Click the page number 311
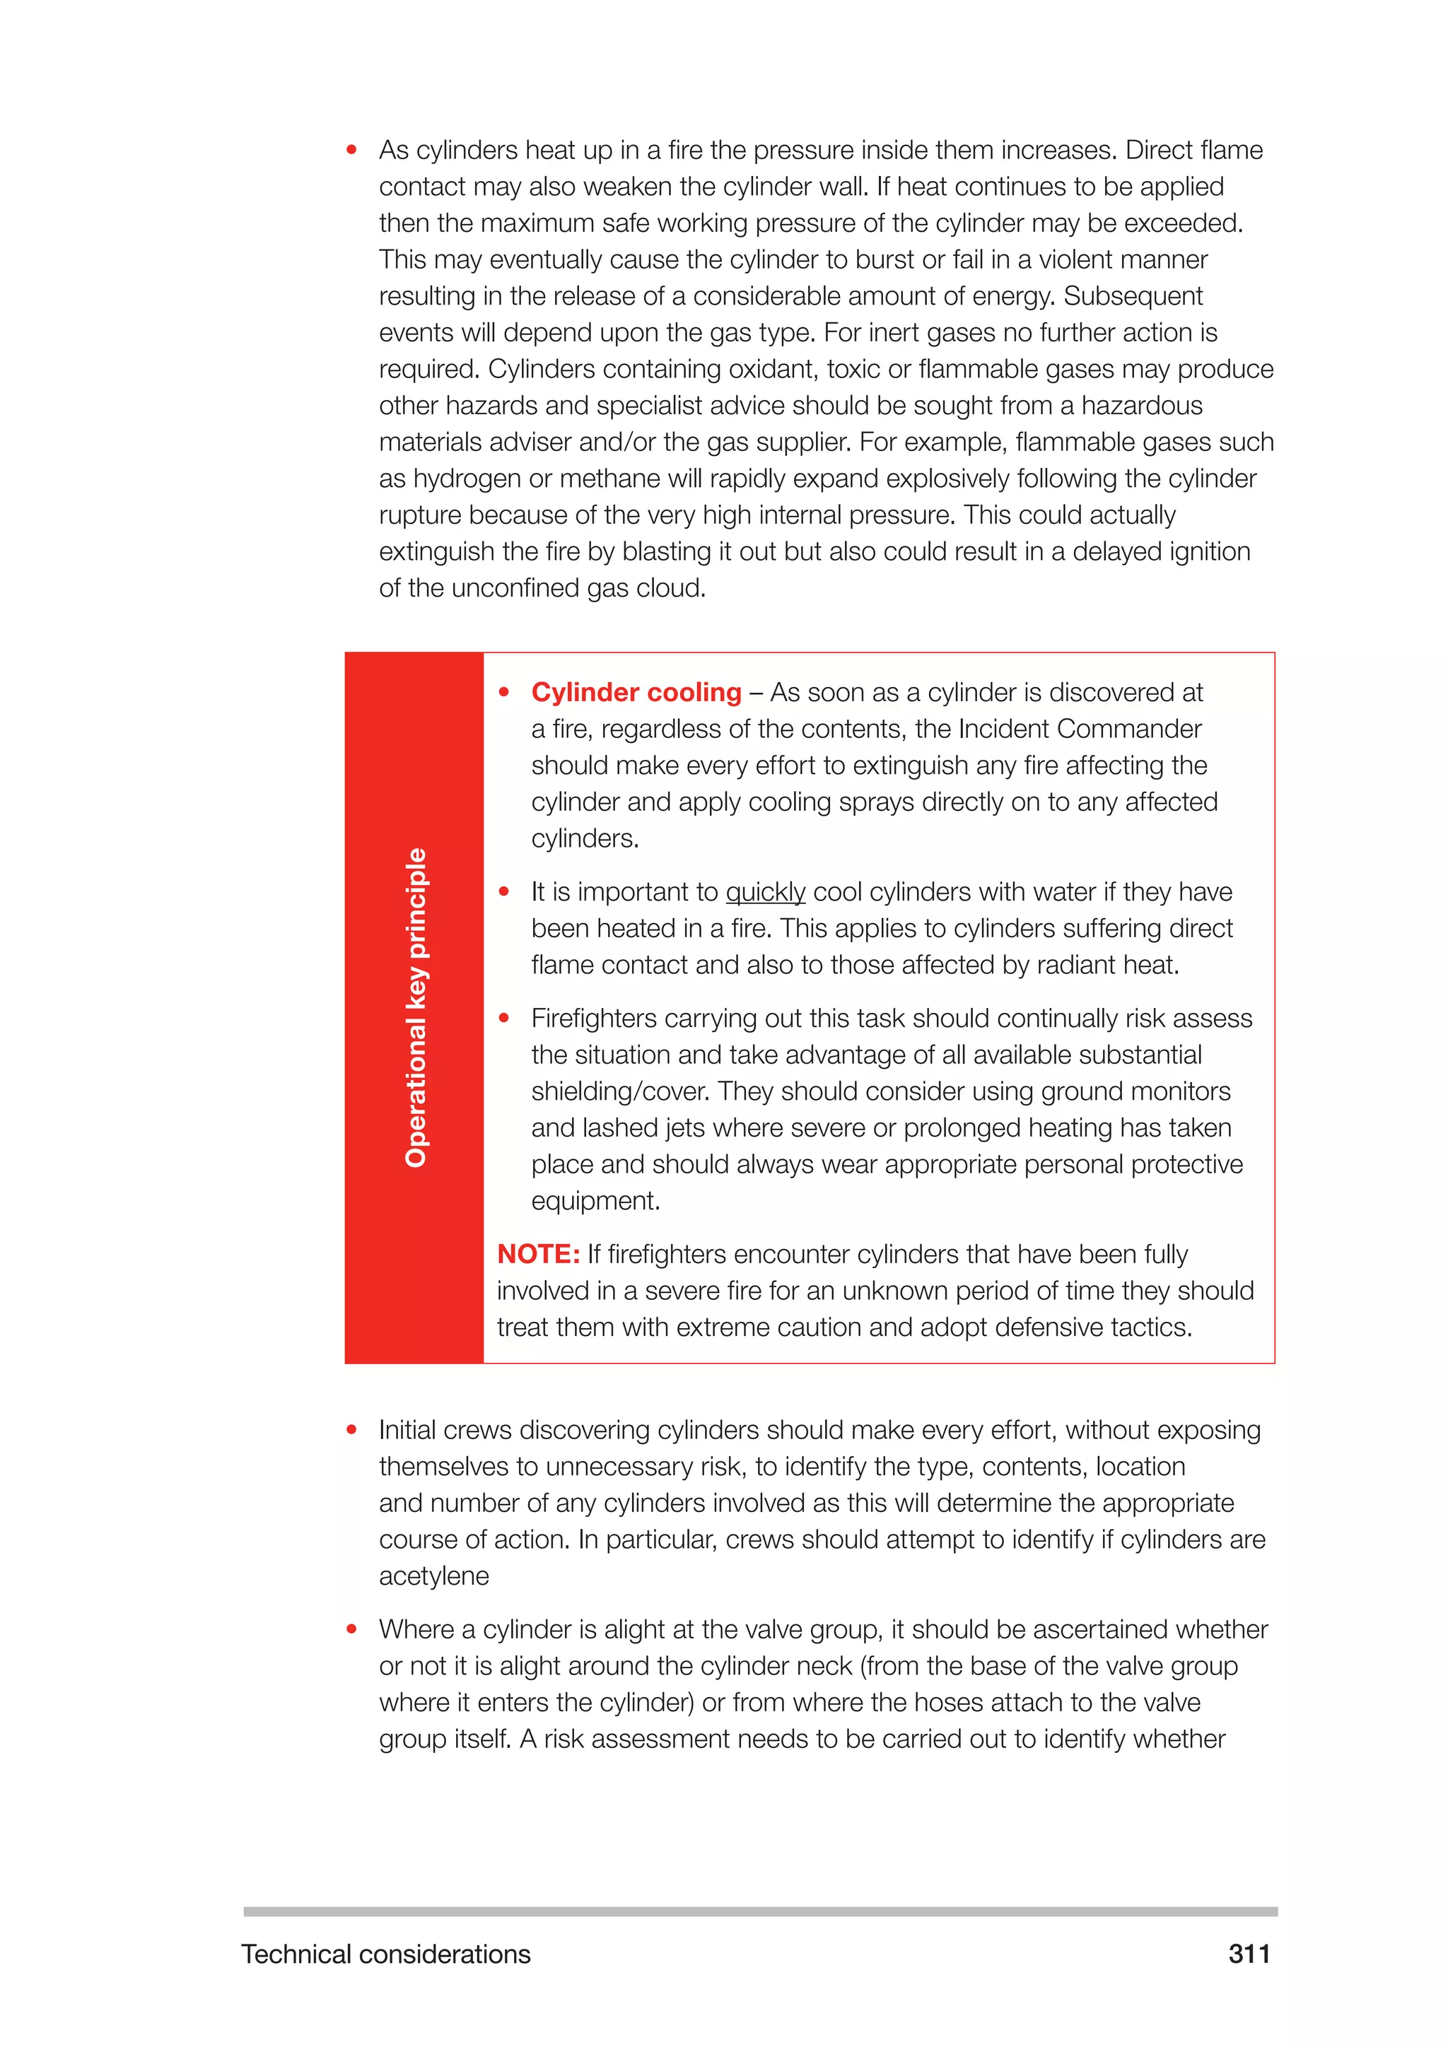[x=1249, y=1954]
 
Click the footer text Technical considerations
[x=385, y=1954]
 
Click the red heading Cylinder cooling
[x=636, y=692]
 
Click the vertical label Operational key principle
[x=416, y=1007]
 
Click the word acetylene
[x=433, y=1576]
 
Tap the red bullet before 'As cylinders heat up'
[x=351, y=150]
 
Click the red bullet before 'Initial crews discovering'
[x=351, y=1429]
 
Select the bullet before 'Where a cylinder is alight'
[x=351, y=1629]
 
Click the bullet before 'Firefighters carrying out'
[x=504, y=1017]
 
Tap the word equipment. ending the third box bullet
[x=595, y=1201]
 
